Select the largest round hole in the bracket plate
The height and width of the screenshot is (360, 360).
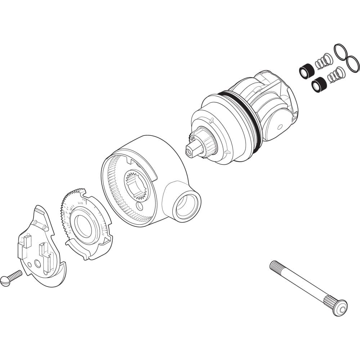pos(37,264)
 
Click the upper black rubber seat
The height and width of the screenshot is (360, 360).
pos(307,70)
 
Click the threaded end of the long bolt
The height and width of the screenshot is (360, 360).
pos(277,267)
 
